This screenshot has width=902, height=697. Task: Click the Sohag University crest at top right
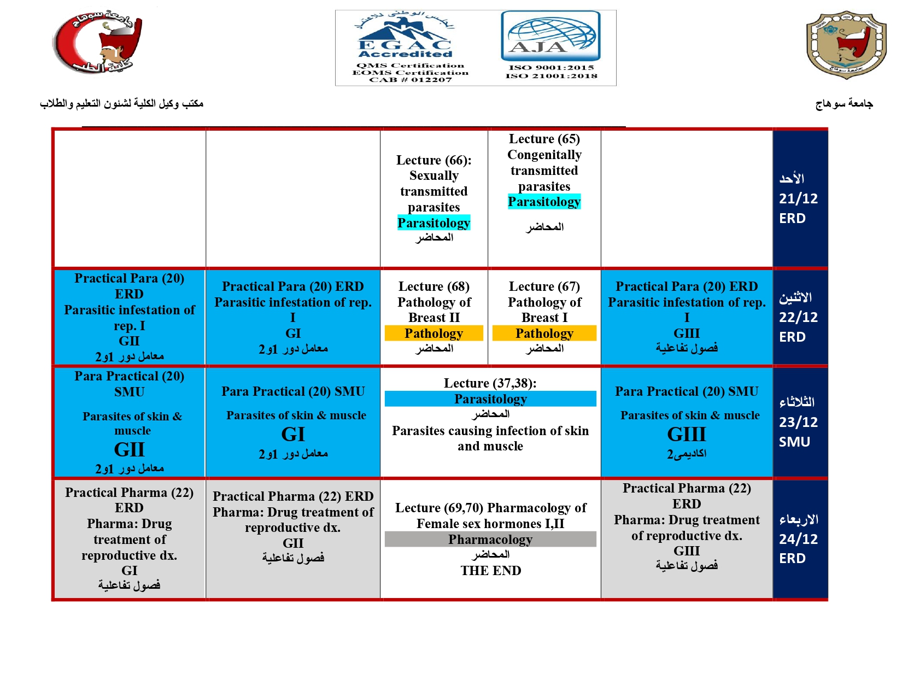coord(846,44)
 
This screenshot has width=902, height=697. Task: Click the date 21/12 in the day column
coord(798,198)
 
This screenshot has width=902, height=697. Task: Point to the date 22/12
coord(798,317)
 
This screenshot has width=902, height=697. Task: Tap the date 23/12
coord(798,422)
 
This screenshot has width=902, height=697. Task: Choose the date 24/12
coord(798,539)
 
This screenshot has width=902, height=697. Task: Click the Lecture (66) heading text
coord(434,160)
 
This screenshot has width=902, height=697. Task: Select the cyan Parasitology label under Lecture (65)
coord(544,202)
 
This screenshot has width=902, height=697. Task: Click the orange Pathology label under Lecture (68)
coord(434,333)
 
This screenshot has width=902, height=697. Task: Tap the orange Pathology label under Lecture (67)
coord(544,333)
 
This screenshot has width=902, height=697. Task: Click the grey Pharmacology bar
coord(490,540)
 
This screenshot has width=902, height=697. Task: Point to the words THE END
coord(490,571)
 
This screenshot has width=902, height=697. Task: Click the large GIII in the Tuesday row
coord(687,435)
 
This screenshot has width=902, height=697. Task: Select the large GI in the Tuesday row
coord(293,435)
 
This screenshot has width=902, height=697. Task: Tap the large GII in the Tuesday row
coord(130,449)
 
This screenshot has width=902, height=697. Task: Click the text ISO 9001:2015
coord(551,68)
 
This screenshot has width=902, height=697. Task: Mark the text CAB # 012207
coord(411,80)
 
